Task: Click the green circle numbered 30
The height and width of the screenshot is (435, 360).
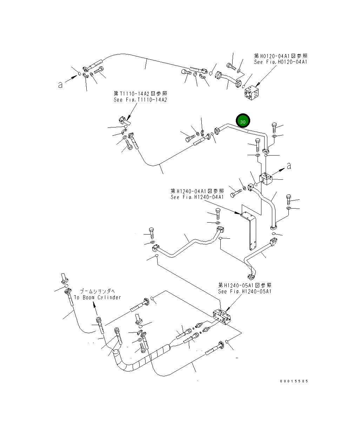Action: coord(243,121)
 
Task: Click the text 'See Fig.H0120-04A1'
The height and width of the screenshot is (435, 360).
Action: coord(280,62)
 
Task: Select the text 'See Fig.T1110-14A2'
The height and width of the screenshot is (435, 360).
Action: coord(140,100)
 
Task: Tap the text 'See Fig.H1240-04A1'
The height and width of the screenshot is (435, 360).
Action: coord(197,197)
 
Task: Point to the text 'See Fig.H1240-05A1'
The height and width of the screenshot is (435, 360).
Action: coord(245,291)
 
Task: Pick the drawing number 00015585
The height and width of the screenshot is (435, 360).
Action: coord(294,381)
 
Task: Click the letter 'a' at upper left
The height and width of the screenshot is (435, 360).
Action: coord(60,85)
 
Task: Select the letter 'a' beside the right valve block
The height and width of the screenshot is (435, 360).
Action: coord(289,166)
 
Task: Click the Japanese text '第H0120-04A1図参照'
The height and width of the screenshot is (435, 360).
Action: coord(281,56)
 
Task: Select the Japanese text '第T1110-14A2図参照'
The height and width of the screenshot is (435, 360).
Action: coord(140,93)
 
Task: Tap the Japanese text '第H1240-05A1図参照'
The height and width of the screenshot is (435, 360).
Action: coord(245,285)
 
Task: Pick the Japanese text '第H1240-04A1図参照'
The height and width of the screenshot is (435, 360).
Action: coord(197,191)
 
